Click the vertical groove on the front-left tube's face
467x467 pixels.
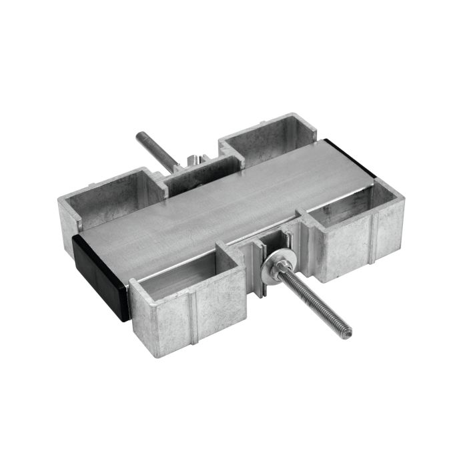[x=193, y=319]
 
